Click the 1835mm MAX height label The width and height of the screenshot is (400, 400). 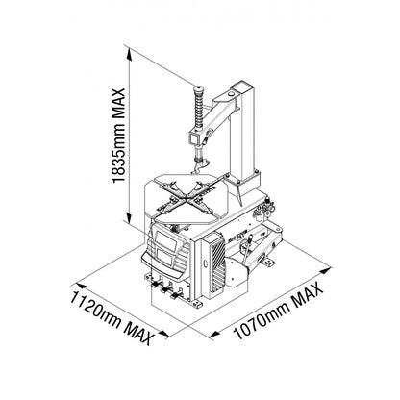pos(118,136)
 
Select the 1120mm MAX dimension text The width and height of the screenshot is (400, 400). pos(111,316)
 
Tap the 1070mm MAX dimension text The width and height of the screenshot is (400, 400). pos(278,310)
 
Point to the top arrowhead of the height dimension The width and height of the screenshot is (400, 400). pos(129,53)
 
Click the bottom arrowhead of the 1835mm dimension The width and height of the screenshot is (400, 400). pos(129,218)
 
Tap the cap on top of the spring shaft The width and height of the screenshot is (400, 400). pos(199,87)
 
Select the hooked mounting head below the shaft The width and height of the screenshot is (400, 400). pos(199,165)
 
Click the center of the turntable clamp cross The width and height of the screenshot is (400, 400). pos(187,198)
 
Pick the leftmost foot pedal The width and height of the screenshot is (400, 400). pos(156,285)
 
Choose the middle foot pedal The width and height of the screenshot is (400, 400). pos(165,289)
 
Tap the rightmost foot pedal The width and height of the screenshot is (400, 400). pos(175,295)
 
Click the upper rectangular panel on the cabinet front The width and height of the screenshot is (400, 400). pos(166,240)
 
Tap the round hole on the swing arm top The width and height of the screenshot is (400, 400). pos(230,94)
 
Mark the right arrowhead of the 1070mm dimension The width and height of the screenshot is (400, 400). pos(326,270)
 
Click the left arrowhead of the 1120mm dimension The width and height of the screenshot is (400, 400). pos(81,286)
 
